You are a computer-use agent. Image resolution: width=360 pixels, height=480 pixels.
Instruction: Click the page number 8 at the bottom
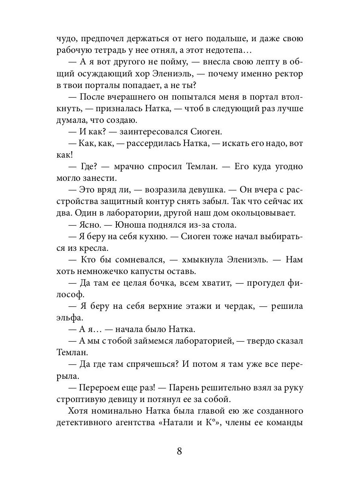click(180, 451)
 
